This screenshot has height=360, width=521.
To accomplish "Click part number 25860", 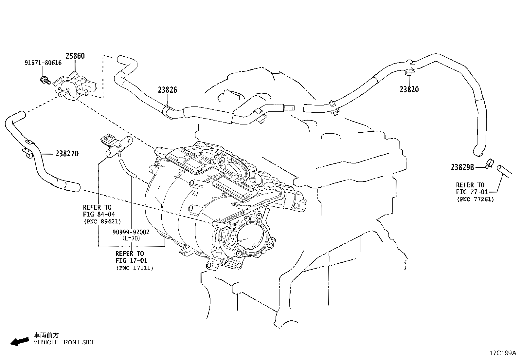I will click(75, 56).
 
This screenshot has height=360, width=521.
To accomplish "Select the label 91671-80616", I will click(43, 63).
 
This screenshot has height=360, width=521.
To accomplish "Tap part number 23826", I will click(167, 90).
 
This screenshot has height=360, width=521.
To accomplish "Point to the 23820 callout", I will click(409, 89).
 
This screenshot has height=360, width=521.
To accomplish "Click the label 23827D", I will click(67, 154).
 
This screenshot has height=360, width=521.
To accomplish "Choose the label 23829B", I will click(462, 167).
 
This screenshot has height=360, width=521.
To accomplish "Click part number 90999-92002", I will click(131, 232).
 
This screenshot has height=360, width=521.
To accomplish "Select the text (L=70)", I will click(131, 238).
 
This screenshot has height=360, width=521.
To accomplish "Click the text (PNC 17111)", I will click(135, 268).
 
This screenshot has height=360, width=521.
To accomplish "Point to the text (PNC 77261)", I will click(475, 199).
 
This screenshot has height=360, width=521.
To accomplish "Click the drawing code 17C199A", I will click(502, 353).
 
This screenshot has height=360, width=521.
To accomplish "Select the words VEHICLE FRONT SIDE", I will click(64, 342).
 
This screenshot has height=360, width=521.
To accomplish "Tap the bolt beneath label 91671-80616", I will click(45, 80).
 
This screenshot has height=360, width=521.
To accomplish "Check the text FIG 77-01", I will click(472, 192).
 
